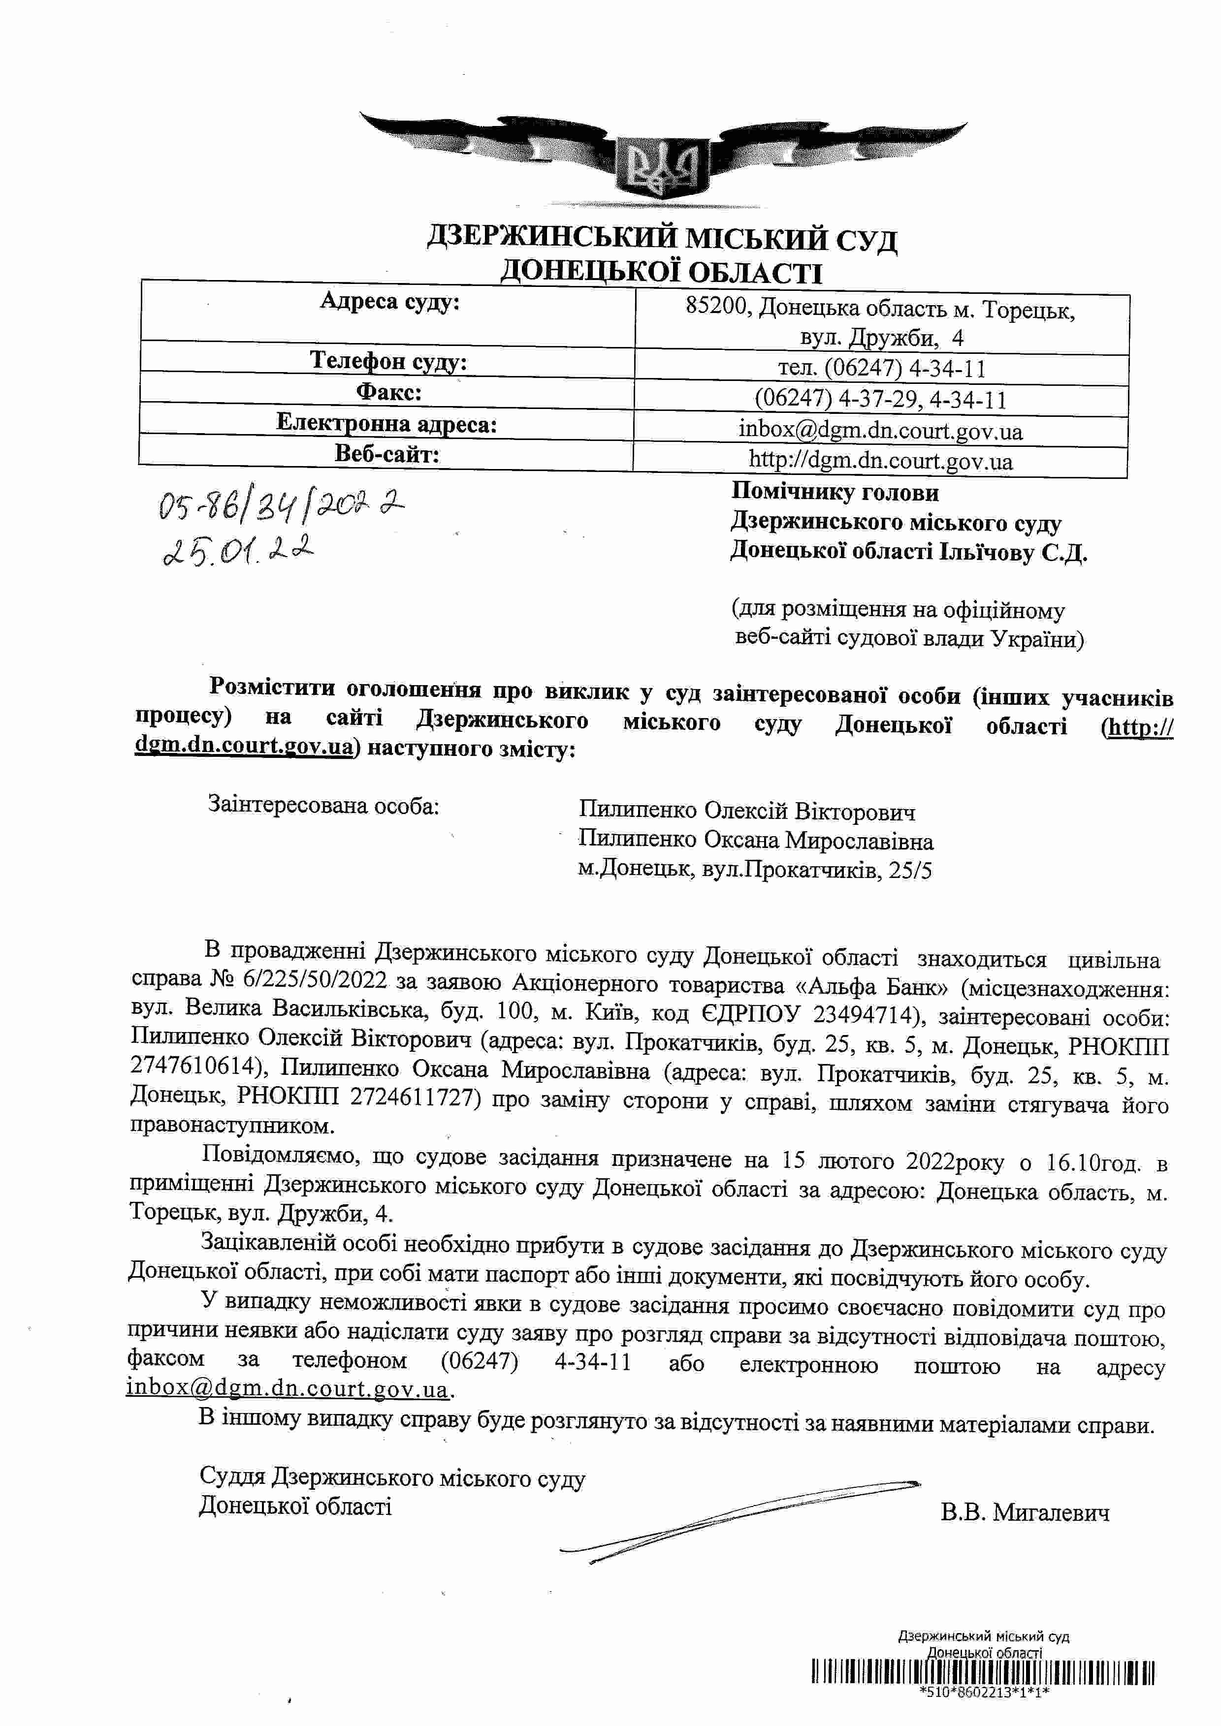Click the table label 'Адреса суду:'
(389, 302)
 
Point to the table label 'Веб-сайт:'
(386, 454)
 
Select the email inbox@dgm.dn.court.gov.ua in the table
(880, 431)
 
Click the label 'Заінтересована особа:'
(323, 805)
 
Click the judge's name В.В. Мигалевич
(1024, 1512)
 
